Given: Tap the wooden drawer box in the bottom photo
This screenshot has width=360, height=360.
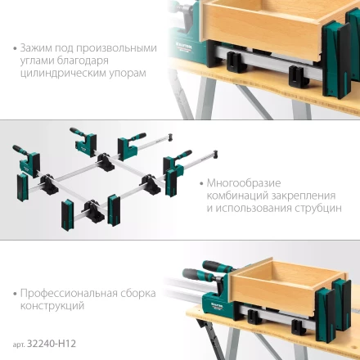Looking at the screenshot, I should (x=282, y=286).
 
